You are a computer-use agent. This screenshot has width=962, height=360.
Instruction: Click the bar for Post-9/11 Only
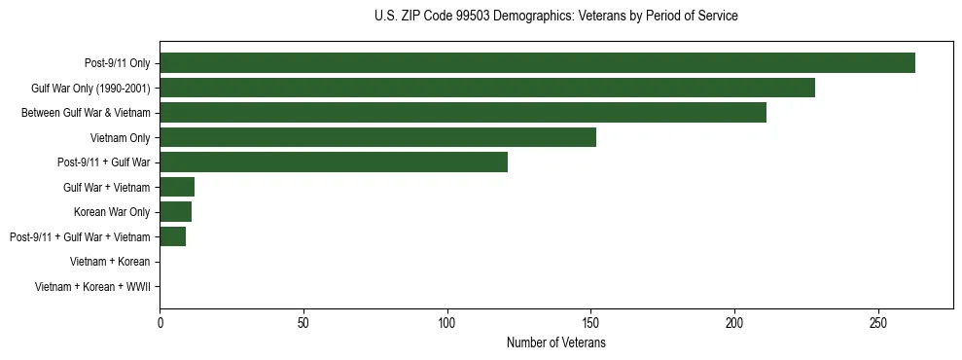tap(537, 63)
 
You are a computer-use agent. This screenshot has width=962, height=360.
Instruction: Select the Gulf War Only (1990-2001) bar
tap(487, 88)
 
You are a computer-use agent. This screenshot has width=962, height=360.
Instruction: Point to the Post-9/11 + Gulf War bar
tap(334, 162)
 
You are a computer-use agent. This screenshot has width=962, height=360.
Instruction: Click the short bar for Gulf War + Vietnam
tap(177, 187)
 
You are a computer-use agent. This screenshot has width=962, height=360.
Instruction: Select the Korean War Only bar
tap(176, 212)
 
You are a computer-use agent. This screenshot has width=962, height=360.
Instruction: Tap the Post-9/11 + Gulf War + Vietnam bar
tap(173, 236)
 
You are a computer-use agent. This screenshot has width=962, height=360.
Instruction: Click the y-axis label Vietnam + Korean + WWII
tap(92, 287)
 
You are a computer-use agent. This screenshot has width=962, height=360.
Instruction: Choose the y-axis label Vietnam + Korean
tap(110, 262)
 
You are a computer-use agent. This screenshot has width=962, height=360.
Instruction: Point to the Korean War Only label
tap(112, 212)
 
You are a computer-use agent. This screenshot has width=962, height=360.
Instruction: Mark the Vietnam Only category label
tap(120, 137)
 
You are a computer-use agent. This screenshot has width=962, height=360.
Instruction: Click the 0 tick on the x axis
tap(160, 322)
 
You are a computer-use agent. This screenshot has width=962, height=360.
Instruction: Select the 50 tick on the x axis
tap(303, 322)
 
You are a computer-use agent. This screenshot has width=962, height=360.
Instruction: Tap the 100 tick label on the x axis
tap(447, 322)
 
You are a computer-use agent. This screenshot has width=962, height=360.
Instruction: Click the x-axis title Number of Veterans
tap(556, 342)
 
